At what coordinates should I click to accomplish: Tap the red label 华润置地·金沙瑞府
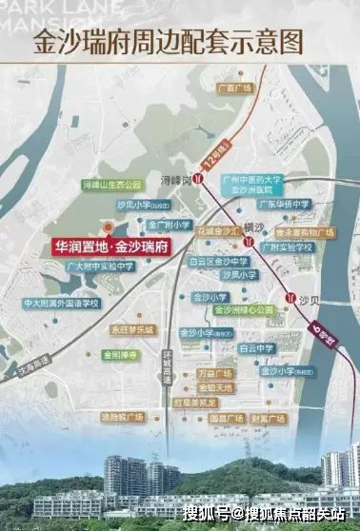[x=106, y=246]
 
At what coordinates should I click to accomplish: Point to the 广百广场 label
[x=233, y=88]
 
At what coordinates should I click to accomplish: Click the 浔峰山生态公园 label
[x=111, y=184]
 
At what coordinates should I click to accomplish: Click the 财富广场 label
[x=270, y=418]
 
